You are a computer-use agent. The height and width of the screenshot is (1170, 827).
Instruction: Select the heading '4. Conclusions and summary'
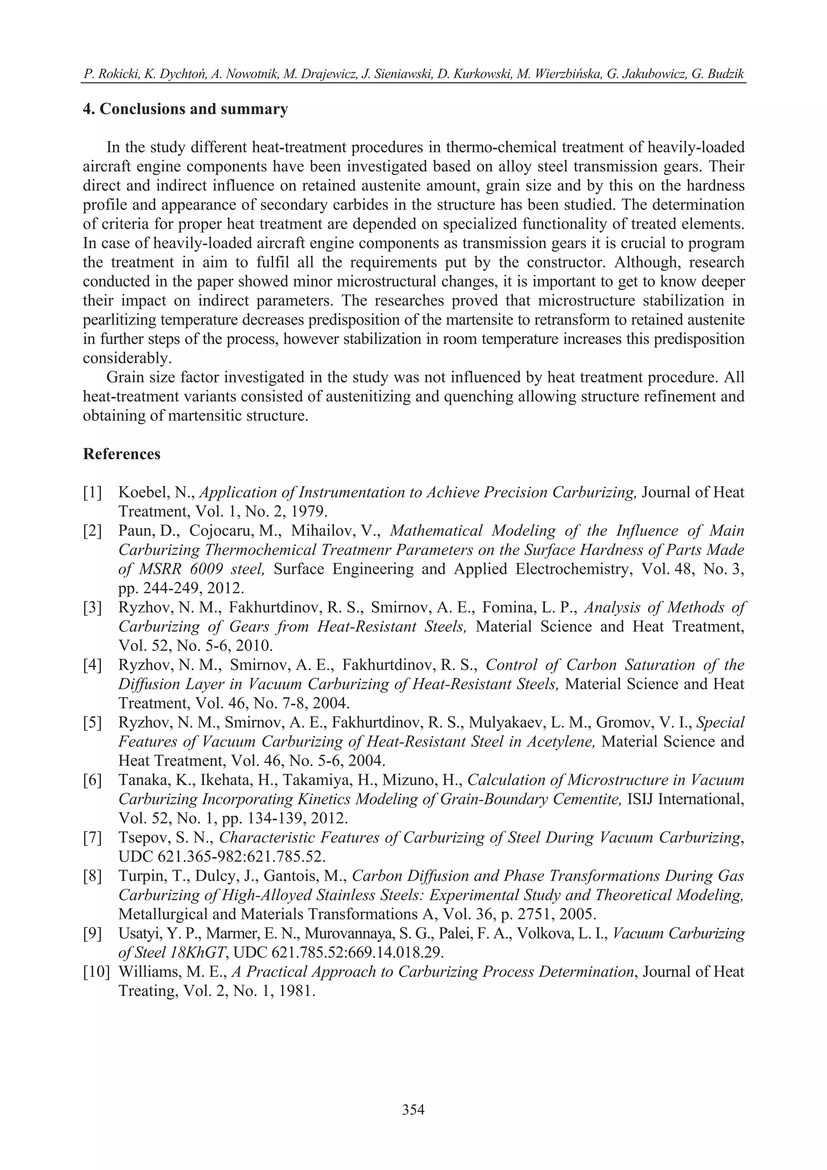coord(185,109)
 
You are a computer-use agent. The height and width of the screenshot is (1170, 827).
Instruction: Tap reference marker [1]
coord(92,493)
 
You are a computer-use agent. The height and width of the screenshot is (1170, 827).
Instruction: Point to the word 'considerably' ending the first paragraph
coord(127,358)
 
